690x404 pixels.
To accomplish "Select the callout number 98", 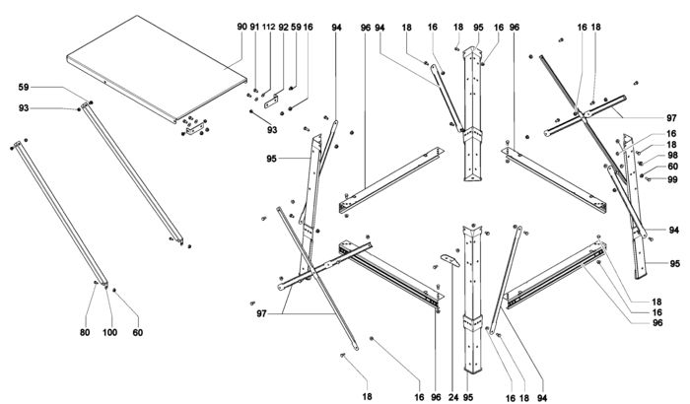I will (672, 156).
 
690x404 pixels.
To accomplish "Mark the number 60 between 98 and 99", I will (672, 168).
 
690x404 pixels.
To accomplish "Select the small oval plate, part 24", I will (448, 257).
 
